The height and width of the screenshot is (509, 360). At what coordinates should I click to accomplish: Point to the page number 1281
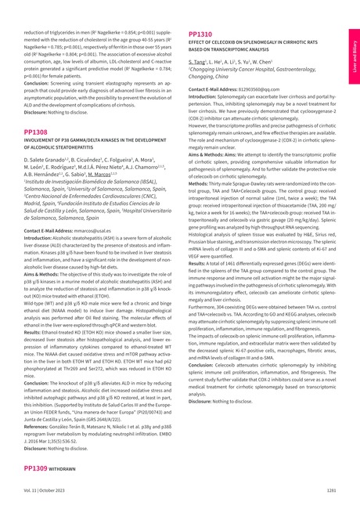331,489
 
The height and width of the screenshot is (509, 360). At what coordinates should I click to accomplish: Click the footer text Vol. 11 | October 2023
44,489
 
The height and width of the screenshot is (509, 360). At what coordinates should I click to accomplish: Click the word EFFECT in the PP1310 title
198,43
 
